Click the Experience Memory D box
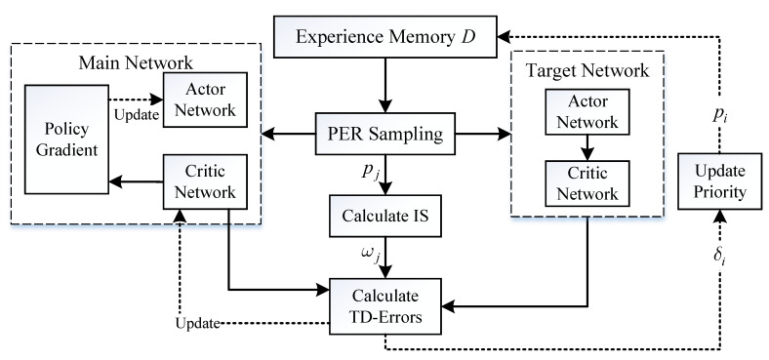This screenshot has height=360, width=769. [x=384, y=39]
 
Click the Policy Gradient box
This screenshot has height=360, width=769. [x=65, y=140]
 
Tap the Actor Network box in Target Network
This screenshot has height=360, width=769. [x=584, y=113]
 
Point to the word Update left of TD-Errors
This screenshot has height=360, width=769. [x=202, y=322]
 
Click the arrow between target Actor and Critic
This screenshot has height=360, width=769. [x=584, y=149]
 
